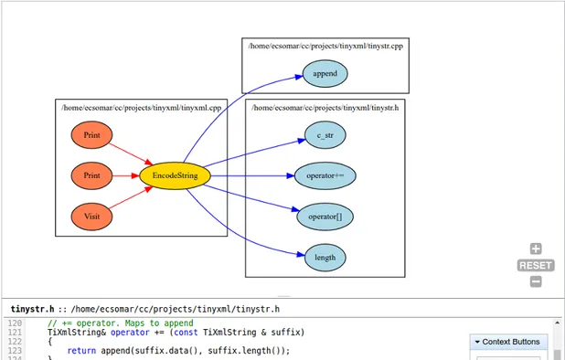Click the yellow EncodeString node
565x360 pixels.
coord(176,175)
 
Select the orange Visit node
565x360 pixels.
coord(91,217)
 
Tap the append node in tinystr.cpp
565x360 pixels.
coord(325,73)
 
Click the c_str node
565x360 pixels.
coord(325,135)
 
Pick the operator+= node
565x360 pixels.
coord(325,175)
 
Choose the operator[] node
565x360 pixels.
coord(325,217)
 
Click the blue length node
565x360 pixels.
coord(325,257)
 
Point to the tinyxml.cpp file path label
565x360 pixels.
coord(141,108)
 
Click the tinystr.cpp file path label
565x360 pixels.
coord(325,45)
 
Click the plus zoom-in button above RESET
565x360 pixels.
coord(536,249)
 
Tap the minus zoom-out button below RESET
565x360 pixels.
coord(536,281)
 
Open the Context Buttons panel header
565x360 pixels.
coord(510,342)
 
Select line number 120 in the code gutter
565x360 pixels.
coord(15,323)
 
